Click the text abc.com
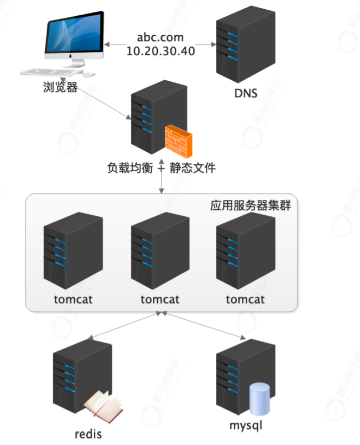160,38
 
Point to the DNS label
246,93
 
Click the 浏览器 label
60,87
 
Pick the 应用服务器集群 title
250,207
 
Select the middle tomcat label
160,299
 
